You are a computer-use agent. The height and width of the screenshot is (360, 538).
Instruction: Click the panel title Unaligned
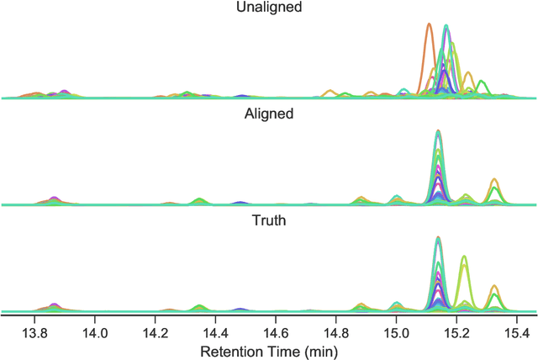coord(270,7)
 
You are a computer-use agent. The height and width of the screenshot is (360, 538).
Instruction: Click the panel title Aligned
coord(270,114)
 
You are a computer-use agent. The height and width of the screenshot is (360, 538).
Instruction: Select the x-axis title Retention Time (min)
coord(270,348)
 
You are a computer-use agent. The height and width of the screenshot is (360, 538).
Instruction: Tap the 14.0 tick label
coord(95,328)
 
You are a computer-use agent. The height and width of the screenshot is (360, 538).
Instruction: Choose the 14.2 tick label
coord(156,328)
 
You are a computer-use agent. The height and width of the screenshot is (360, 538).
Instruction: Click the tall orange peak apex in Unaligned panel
coord(429,24)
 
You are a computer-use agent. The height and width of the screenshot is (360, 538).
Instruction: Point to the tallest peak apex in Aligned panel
coord(438,131)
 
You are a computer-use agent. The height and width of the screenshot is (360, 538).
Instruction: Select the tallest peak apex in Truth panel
coord(438,238)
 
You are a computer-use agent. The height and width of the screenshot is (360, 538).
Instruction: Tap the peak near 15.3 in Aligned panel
coord(494,180)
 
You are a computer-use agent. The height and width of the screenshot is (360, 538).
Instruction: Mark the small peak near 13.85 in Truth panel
coord(54,304)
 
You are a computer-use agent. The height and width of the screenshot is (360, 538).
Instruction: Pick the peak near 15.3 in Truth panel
coord(494,287)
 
